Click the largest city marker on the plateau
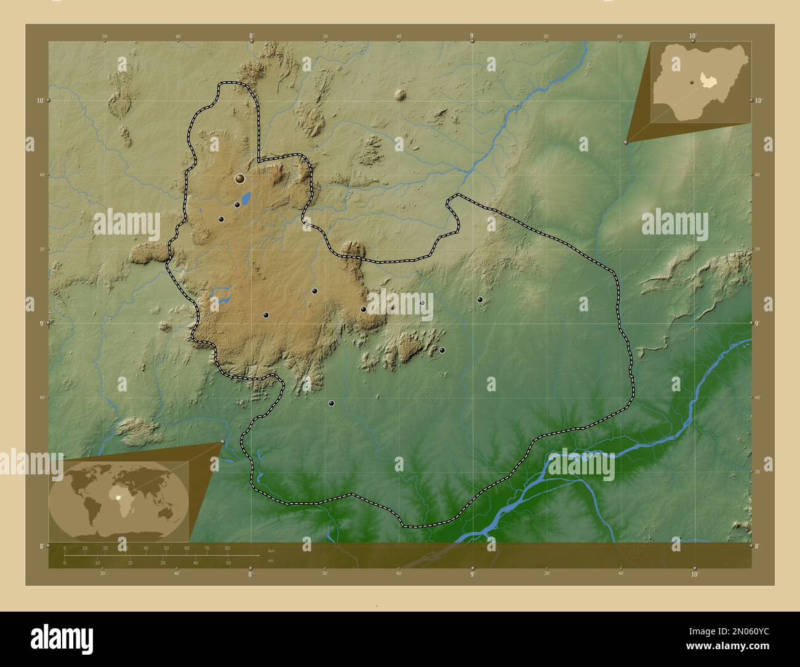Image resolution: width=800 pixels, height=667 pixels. coord(239,179)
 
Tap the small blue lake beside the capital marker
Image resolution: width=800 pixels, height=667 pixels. coord(246,198)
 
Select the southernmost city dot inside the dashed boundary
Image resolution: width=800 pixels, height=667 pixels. coord(331,404)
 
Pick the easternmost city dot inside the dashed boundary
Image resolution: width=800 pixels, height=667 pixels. coord(480,300)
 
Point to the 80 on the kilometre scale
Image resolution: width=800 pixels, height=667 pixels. coord(227,548)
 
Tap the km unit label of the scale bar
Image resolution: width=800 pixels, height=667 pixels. coord(271,550)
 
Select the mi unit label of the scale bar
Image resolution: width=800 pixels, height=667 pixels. coord(271,561)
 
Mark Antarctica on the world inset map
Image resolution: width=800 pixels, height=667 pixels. coord(120,534)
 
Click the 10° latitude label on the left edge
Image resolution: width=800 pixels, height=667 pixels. coord(39,100)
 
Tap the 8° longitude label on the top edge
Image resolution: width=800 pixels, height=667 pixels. coord(251,36)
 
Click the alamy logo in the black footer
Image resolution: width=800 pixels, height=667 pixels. coord(62,639)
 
